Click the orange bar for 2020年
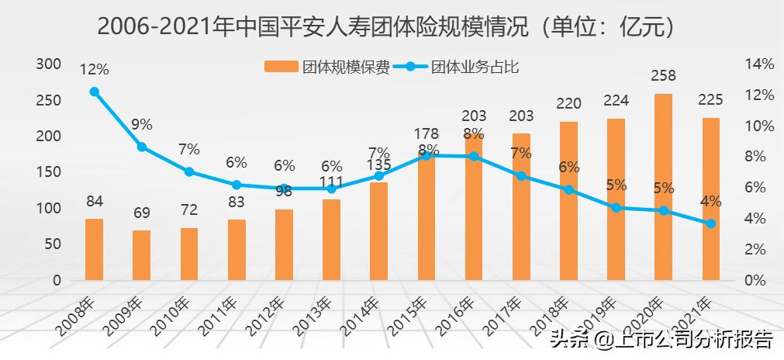664,187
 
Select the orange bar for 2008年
94,249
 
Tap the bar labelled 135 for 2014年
379,231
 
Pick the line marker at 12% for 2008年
95,92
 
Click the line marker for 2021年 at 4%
711,223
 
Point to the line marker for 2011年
237,185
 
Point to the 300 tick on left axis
49,64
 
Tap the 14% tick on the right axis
758,64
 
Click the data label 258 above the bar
664,76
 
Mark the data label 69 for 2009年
141,213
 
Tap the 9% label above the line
141,124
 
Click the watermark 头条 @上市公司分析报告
661,340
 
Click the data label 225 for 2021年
710,99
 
